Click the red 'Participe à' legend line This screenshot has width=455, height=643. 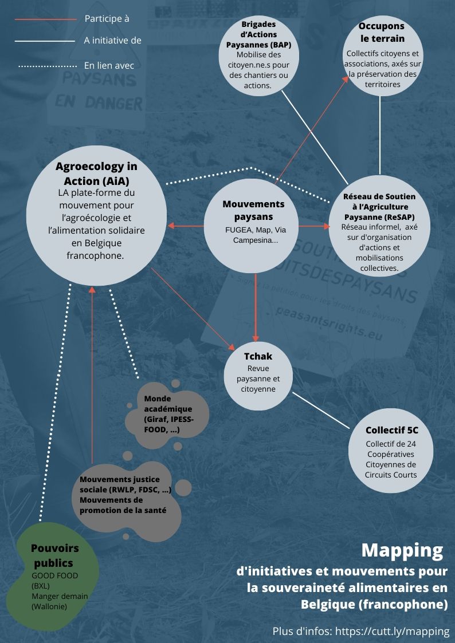pos(45,19)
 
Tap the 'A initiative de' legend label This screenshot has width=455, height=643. pos(112,41)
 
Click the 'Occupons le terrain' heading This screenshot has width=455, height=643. pos(382,33)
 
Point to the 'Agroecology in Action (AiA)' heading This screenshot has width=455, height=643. pos(96,173)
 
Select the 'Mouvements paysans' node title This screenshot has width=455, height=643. pos(253,210)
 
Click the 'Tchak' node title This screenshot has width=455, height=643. pos(258,356)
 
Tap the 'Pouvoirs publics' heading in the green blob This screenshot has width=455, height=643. pos(55,555)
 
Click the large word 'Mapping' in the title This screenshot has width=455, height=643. pos(402,550)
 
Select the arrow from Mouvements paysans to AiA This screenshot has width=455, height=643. pos(186,226)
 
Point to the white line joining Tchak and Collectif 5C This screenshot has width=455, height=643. pos(320,410)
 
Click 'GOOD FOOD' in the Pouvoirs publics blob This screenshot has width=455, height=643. pos(54,575)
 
